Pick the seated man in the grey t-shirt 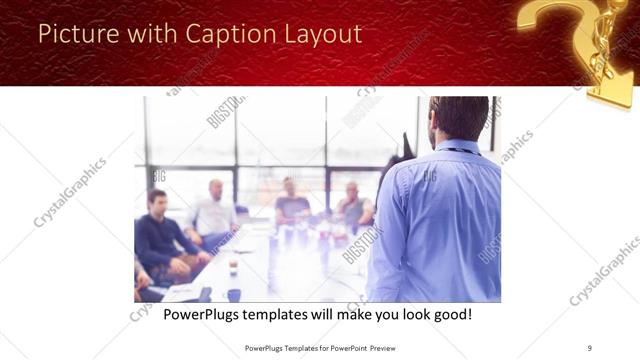point(291,205)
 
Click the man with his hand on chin point(352,205)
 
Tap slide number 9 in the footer point(590,348)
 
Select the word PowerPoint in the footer point(340,348)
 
